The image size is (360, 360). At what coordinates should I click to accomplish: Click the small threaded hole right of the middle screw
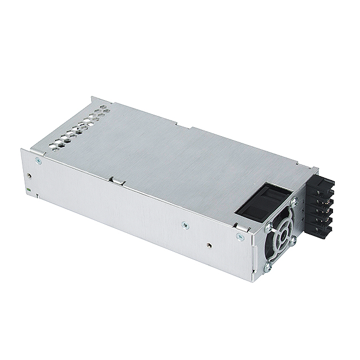coord(209,245)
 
